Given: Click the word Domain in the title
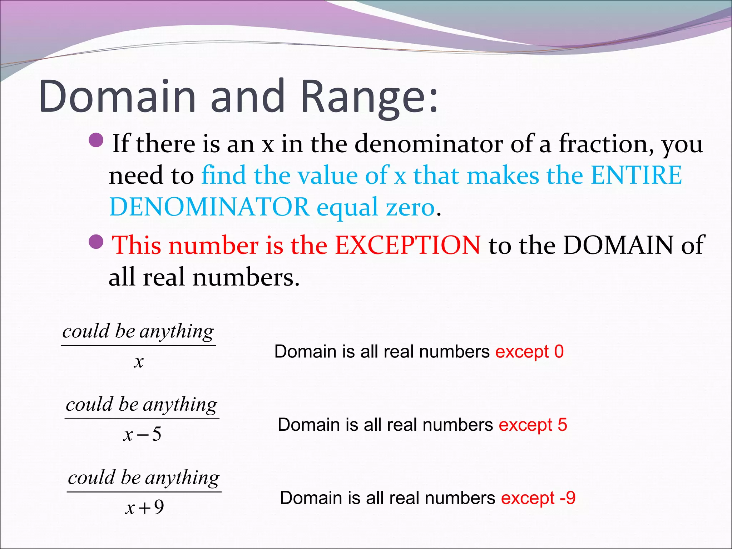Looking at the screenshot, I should [118, 97].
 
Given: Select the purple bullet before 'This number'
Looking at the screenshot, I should [96, 242].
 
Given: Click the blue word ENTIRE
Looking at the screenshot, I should [636, 175].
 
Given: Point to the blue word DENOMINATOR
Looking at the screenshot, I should [209, 207].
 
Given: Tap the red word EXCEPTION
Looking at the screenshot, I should [407, 245].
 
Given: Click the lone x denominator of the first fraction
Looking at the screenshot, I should [139, 362].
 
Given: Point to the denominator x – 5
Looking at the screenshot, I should [142, 434].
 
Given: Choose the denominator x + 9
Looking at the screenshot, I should [144, 507].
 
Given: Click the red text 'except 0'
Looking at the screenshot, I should [529, 352].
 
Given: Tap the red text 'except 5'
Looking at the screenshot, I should [533, 425].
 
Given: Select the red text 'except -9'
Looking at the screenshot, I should [538, 498].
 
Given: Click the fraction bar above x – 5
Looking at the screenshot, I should [142, 419].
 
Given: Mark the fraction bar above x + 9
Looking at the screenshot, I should [144, 492].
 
